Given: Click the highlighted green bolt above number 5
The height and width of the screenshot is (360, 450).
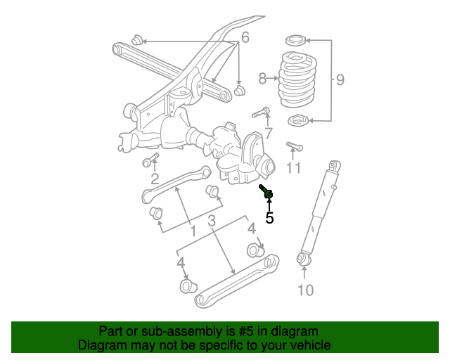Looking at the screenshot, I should coord(267,193).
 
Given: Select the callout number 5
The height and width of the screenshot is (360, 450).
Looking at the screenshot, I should coord(269,218).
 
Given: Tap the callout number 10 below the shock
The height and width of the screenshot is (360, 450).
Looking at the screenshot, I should coord(305,289).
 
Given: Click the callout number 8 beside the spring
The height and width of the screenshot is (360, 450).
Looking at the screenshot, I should coord(262,79).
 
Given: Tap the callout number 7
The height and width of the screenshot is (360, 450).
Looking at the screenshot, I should coord(268,134).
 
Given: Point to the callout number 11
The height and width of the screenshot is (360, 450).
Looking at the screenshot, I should coord(293,168).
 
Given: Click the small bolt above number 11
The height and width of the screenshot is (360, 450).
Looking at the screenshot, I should coord(293,146).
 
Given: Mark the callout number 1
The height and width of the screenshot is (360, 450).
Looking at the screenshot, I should coord(193,231).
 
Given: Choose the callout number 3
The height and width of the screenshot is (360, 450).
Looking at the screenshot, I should coord(211,223).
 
